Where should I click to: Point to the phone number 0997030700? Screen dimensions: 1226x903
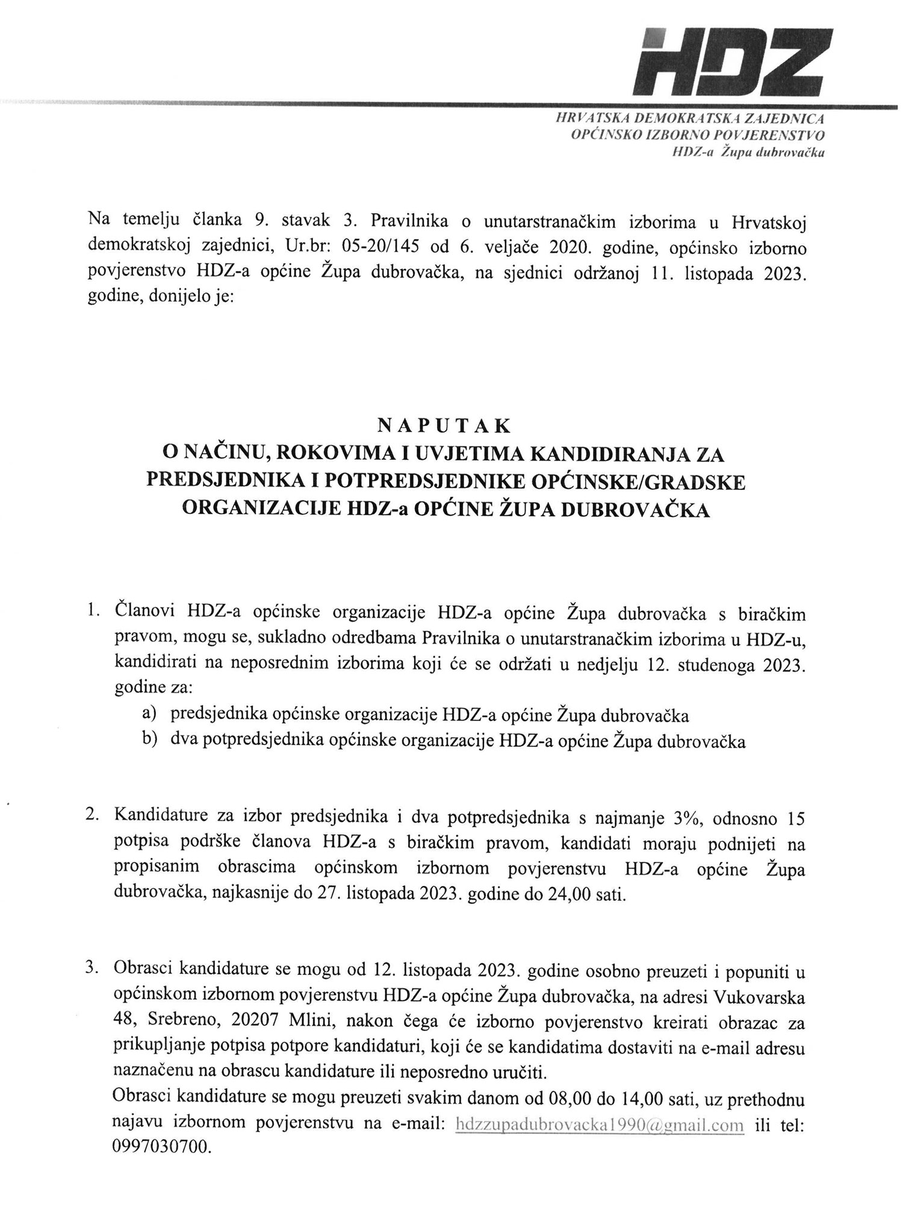(x=161, y=1148)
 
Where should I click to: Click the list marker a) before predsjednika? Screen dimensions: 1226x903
(x=149, y=714)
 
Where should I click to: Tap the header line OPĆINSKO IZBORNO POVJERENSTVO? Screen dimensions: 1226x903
(x=697, y=135)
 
